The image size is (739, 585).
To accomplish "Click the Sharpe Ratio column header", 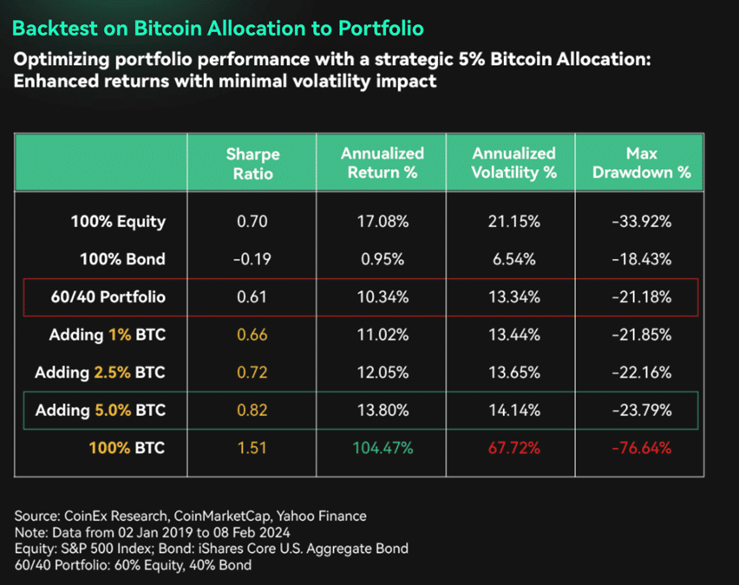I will tap(252, 163).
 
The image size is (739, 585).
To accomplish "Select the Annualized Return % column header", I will tap(383, 163).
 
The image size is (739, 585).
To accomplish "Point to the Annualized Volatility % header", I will tap(514, 163).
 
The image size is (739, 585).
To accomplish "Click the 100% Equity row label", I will tap(118, 221).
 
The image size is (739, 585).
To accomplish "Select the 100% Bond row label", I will tap(122, 259).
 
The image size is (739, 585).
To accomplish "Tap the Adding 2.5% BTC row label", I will tap(100, 374).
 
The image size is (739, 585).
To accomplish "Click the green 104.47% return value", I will tap(382, 450).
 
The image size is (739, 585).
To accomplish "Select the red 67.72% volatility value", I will tap(514, 450).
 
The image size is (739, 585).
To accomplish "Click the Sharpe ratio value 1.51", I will tap(252, 450).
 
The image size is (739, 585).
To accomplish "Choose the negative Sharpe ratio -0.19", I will tap(252, 259).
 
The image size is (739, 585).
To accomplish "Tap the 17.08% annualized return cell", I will tap(383, 221).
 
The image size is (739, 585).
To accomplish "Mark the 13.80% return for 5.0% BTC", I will tap(383, 412).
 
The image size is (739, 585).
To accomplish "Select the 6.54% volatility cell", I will tap(514, 259).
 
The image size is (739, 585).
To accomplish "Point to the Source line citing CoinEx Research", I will tap(190, 517).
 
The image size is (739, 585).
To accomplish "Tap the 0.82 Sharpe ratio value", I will tap(252, 412).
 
